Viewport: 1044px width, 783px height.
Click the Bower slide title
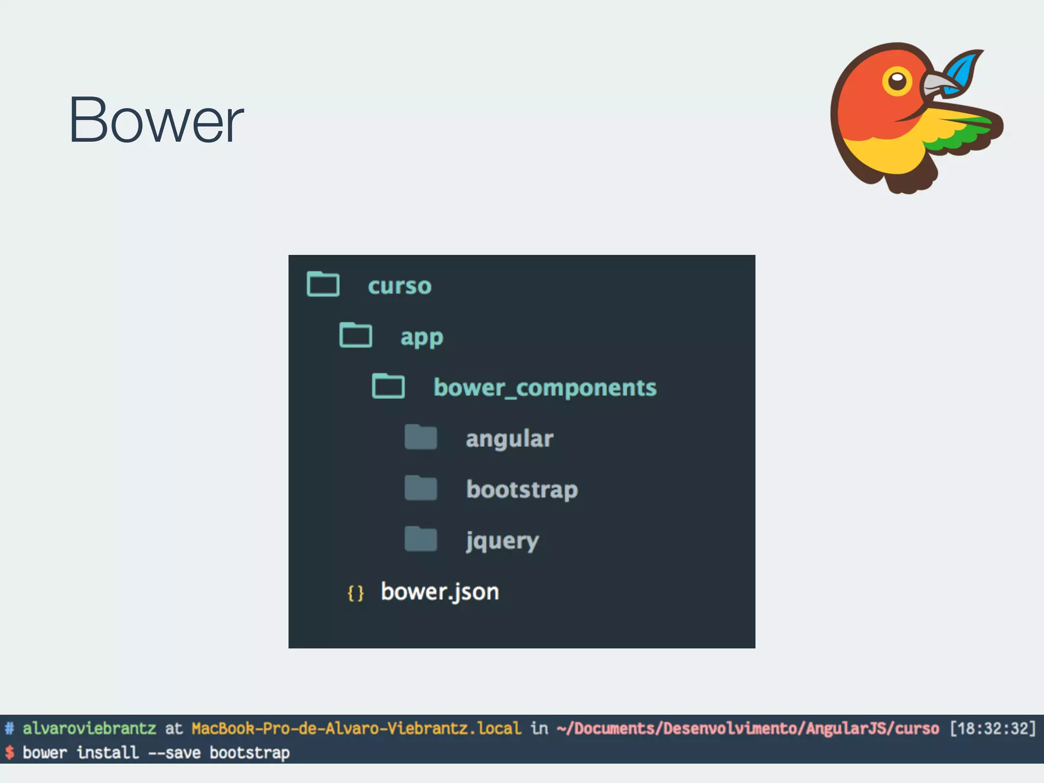[156, 120]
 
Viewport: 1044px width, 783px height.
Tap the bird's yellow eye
[897, 81]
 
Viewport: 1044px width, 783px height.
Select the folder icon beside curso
[323, 284]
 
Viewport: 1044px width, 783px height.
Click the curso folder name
[400, 286]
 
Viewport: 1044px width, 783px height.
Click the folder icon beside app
[356, 335]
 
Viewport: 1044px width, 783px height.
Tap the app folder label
[422, 337]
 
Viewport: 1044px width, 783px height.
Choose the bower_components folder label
[545, 388]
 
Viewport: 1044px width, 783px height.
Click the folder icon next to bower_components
[388, 386]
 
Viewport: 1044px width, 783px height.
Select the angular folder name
[509, 439]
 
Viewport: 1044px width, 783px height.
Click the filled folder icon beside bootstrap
[421, 488]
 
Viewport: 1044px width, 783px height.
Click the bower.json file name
[440, 592]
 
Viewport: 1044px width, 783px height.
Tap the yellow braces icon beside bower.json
[356, 593]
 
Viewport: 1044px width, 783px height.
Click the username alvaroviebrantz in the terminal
[89, 728]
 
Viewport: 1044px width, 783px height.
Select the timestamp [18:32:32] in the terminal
[993, 728]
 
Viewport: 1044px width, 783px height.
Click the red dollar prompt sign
[9, 752]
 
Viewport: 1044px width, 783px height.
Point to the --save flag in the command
[174, 752]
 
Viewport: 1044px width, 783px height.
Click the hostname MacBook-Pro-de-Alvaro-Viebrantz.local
[356, 728]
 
